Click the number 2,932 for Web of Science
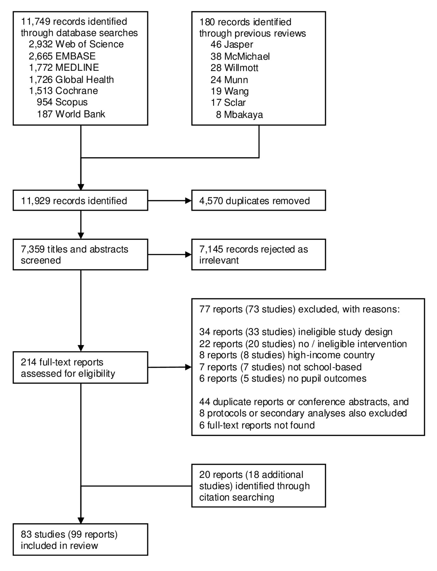pyautogui.click(x=41, y=44)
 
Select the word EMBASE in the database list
pyautogui.click(x=75, y=56)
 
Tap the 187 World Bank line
pyautogui.click(x=71, y=114)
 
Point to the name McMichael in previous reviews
pyautogui.click(x=247, y=56)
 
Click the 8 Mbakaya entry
pyautogui.click(x=239, y=115)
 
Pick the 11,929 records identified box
pyautogui.click(x=80, y=200)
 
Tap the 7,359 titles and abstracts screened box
pyautogui.click(x=80, y=254)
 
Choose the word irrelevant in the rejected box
pyautogui.click(x=219, y=260)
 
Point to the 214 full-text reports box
pyautogui.click(x=80, y=367)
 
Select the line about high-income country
pyautogui.click(x=287, y=355)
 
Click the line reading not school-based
pyautogui.click(x=280, y=367)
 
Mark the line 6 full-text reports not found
pyautogui.click(x=257, y=425)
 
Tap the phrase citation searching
pyautogui.click(x=236, y=497)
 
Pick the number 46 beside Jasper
pyautogui.click(x=216, y=44)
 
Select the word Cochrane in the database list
pyautogui.click(x=76, y=91)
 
